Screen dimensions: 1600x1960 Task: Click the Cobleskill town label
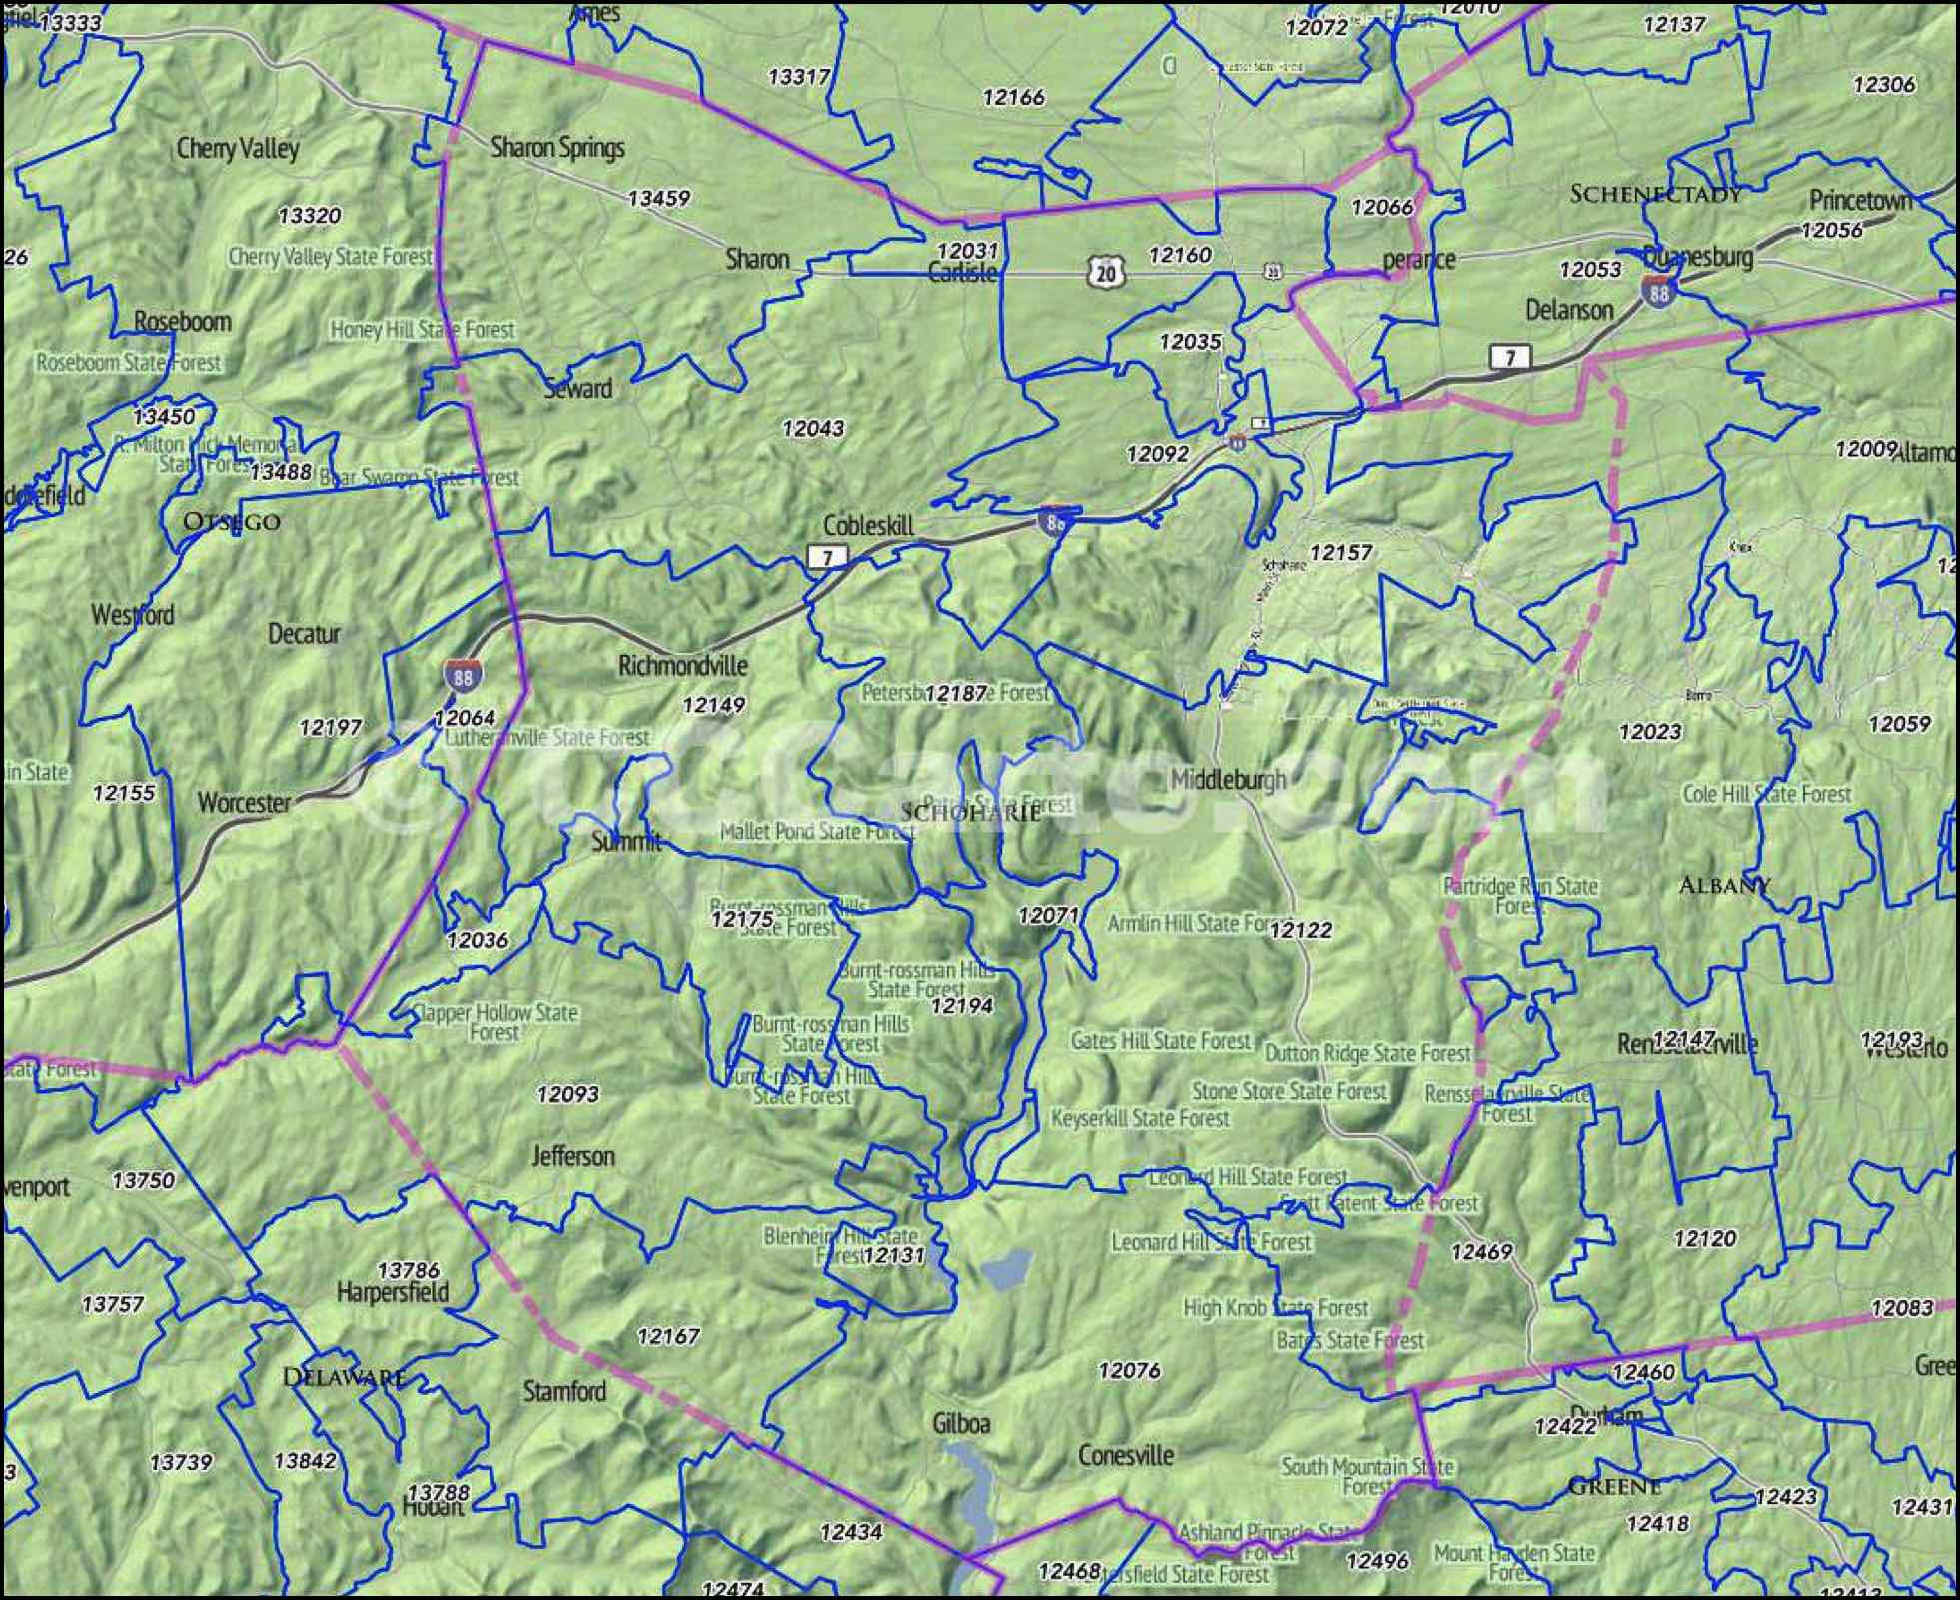point(868,524)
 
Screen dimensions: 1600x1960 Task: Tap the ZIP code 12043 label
point(812,428)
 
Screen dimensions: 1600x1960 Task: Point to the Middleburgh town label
point(1228,779)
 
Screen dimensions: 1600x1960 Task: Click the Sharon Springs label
point(556,148)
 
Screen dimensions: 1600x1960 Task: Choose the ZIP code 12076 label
point(1128,1370)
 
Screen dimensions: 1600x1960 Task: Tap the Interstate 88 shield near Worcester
point(462,676)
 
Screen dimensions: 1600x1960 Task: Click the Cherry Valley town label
point(237,149)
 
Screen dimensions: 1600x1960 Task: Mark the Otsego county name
point(232,521)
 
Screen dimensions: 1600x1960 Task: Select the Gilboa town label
point(960,1423)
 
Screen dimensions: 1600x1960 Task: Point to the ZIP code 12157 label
point(1340,552)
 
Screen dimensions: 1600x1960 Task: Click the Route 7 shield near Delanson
point(1510,357)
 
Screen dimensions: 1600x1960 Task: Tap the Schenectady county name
point(1655,194)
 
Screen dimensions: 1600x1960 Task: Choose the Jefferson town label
point(572,1156)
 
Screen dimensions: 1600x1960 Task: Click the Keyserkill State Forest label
point(1139,1118)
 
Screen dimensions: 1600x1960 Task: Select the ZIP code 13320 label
point(309,216)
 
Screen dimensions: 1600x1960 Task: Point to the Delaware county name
point(343,1377)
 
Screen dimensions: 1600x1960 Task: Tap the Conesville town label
point(1125,1455)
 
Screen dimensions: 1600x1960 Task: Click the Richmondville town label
point(682,665)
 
